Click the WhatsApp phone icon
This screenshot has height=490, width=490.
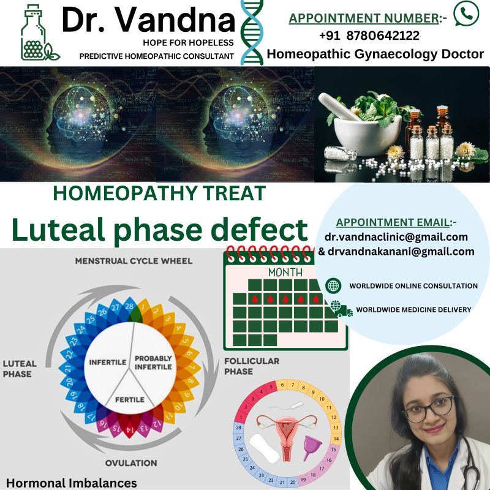pyautogui.click(x=466, y=13)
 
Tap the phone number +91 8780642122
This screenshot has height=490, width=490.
pyautogui.click(x=369, y=36)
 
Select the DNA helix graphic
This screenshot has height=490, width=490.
pyautogui.click(x=252, y=32)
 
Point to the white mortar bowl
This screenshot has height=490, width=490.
pyautogui.click(x=367, y=133)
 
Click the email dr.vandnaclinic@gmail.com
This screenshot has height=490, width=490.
pyautogui.click(x=396, y=237)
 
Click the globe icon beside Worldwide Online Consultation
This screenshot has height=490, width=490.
pyautogui.click(x=333, y=285)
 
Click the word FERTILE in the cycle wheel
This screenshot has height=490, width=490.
pyautogui.click(x=130, y=400)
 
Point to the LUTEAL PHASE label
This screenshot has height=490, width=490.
pyautogui.click(x=20, y=369)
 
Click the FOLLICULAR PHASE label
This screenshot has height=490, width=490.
pyautogui.click(x=252, y=366)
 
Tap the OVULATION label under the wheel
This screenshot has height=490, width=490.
pyautogui.click(x=131, y=463)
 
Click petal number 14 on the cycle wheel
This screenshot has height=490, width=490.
pyautogui.click(x=129, y=429)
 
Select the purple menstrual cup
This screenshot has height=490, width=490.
pyautogui.click(x=312, y=448)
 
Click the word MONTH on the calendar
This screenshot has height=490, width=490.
pyautogui.click(x=285, y=273)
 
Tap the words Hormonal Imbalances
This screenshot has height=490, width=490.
pyautogui.click(x=72, y=483)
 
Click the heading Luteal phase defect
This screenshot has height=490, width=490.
pyautogui.click(x=160, y=230)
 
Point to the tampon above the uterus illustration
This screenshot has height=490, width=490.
pyautogui.click(x=288, y=407)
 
